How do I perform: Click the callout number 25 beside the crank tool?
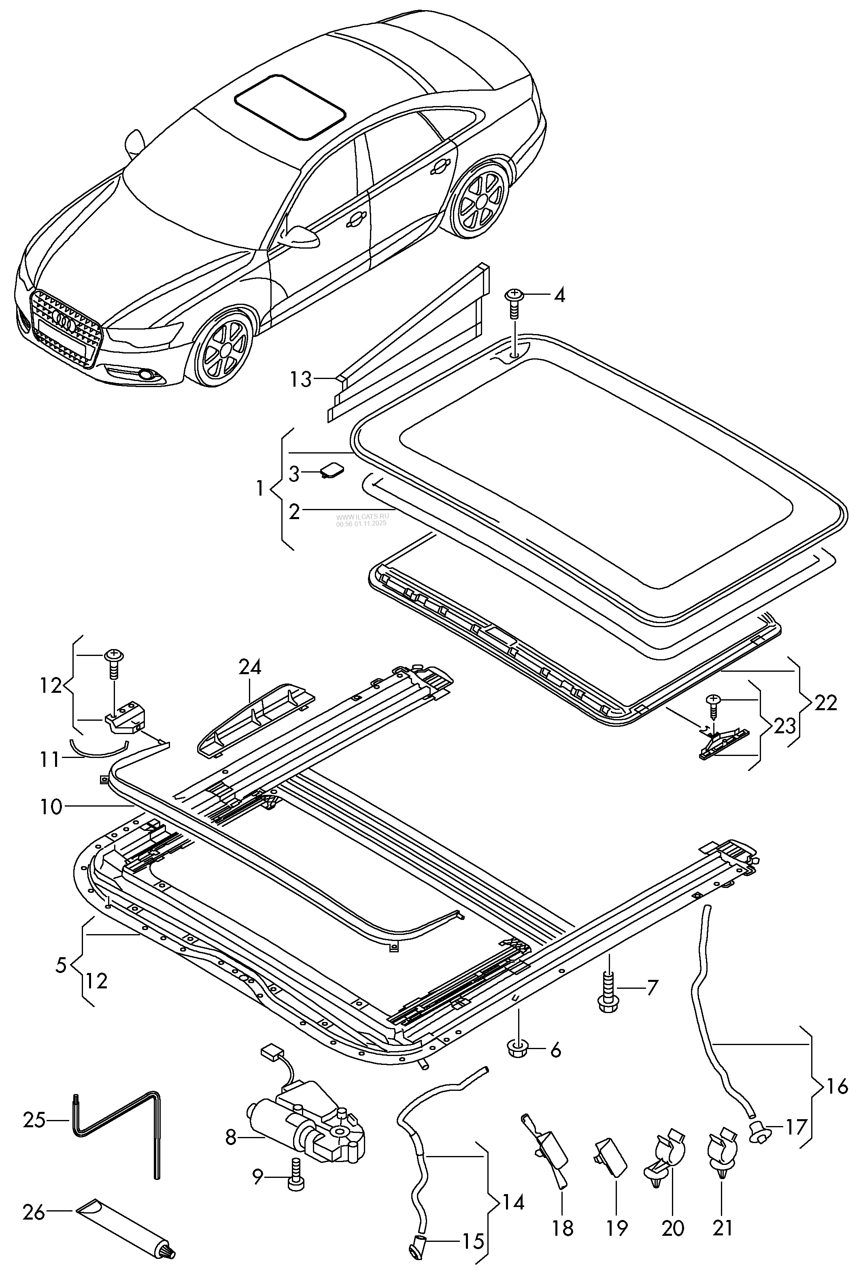(34, 1120)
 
